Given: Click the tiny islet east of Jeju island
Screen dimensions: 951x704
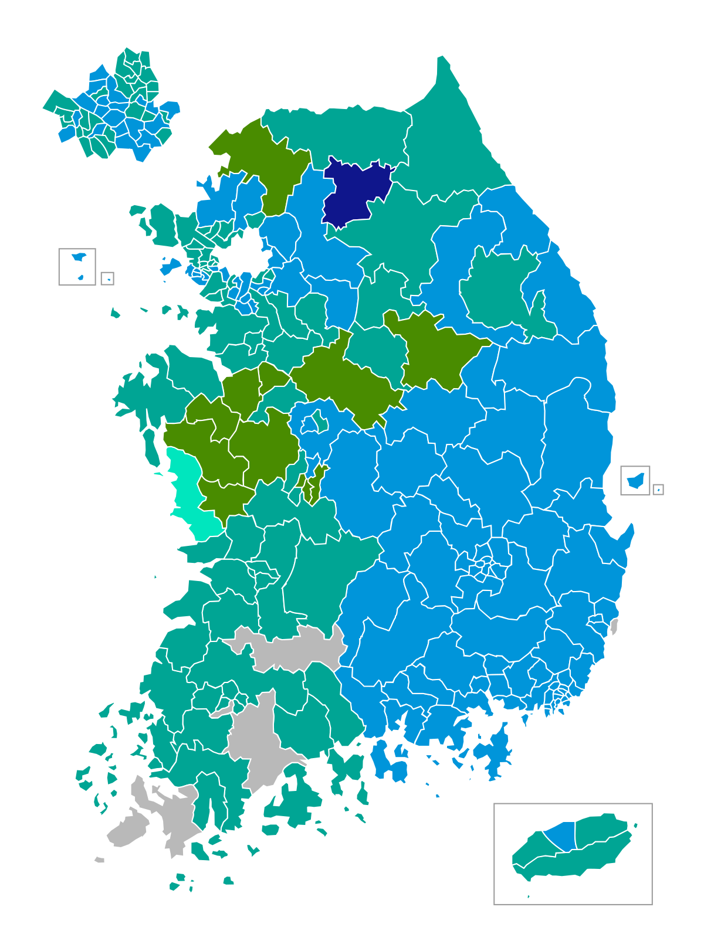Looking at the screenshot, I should (635, 826).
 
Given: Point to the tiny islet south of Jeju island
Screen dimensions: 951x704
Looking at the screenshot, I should (529, 896).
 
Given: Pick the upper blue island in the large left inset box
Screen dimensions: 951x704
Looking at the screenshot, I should (79, 257).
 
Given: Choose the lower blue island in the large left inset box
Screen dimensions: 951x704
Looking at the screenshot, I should (80, 277).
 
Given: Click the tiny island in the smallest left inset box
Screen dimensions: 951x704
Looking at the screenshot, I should (109, 280).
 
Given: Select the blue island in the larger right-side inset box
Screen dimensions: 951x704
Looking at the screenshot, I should (635, 481).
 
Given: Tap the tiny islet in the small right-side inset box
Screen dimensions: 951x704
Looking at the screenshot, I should (658, 490).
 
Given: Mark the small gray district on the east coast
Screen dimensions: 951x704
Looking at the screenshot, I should (614, 626).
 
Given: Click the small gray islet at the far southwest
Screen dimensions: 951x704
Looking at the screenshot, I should (100, 860).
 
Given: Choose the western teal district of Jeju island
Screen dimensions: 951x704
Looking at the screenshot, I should (531, 847).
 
